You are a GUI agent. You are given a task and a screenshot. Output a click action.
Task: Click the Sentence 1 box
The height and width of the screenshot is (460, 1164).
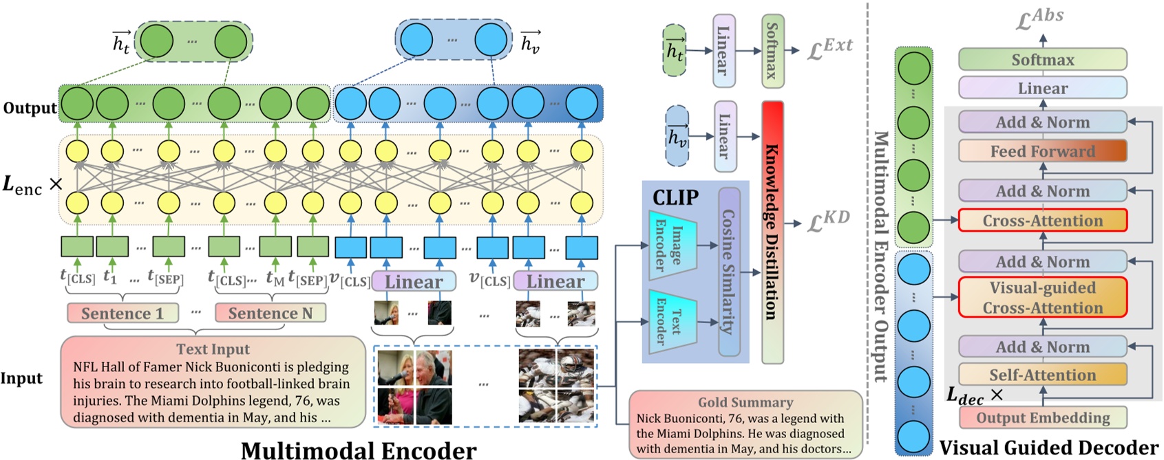(x=123, y=314)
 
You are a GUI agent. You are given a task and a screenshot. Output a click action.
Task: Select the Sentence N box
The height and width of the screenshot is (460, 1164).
(x=270, y=314)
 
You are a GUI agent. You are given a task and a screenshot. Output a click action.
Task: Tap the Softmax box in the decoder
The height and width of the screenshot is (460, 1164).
(x=1042, y=60)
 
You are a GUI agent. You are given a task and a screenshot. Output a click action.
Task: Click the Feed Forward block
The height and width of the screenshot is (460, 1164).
(x=1042, y=151)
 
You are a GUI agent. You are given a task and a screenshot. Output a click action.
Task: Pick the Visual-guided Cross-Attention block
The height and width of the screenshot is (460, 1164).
(x=1042, y=298)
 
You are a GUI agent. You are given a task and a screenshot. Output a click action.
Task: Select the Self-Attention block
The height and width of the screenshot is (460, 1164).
(x=1042, y=375)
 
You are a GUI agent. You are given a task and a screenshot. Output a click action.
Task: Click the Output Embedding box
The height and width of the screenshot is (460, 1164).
(x=1042, y=417)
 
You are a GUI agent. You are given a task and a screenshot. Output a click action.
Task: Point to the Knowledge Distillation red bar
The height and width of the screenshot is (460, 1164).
(x=772, y=232)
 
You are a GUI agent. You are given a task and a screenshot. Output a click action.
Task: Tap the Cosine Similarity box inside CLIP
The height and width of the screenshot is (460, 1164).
(x=729, y=272)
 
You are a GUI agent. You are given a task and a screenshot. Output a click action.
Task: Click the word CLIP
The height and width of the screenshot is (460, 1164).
(x=675, y=198)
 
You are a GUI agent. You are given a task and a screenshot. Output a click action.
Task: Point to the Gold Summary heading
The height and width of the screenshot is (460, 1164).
(x=745, y=402)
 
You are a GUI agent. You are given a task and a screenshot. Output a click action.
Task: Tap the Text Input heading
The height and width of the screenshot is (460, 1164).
(x=213, y=349)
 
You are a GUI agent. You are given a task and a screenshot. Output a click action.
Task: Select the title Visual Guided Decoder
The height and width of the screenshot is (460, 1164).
(x=1048, y=448)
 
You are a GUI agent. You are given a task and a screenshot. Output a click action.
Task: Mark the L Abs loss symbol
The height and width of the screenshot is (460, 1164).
(x=1039, y=19)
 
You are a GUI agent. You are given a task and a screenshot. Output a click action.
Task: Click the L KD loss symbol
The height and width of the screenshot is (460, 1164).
(x=828, y=221)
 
